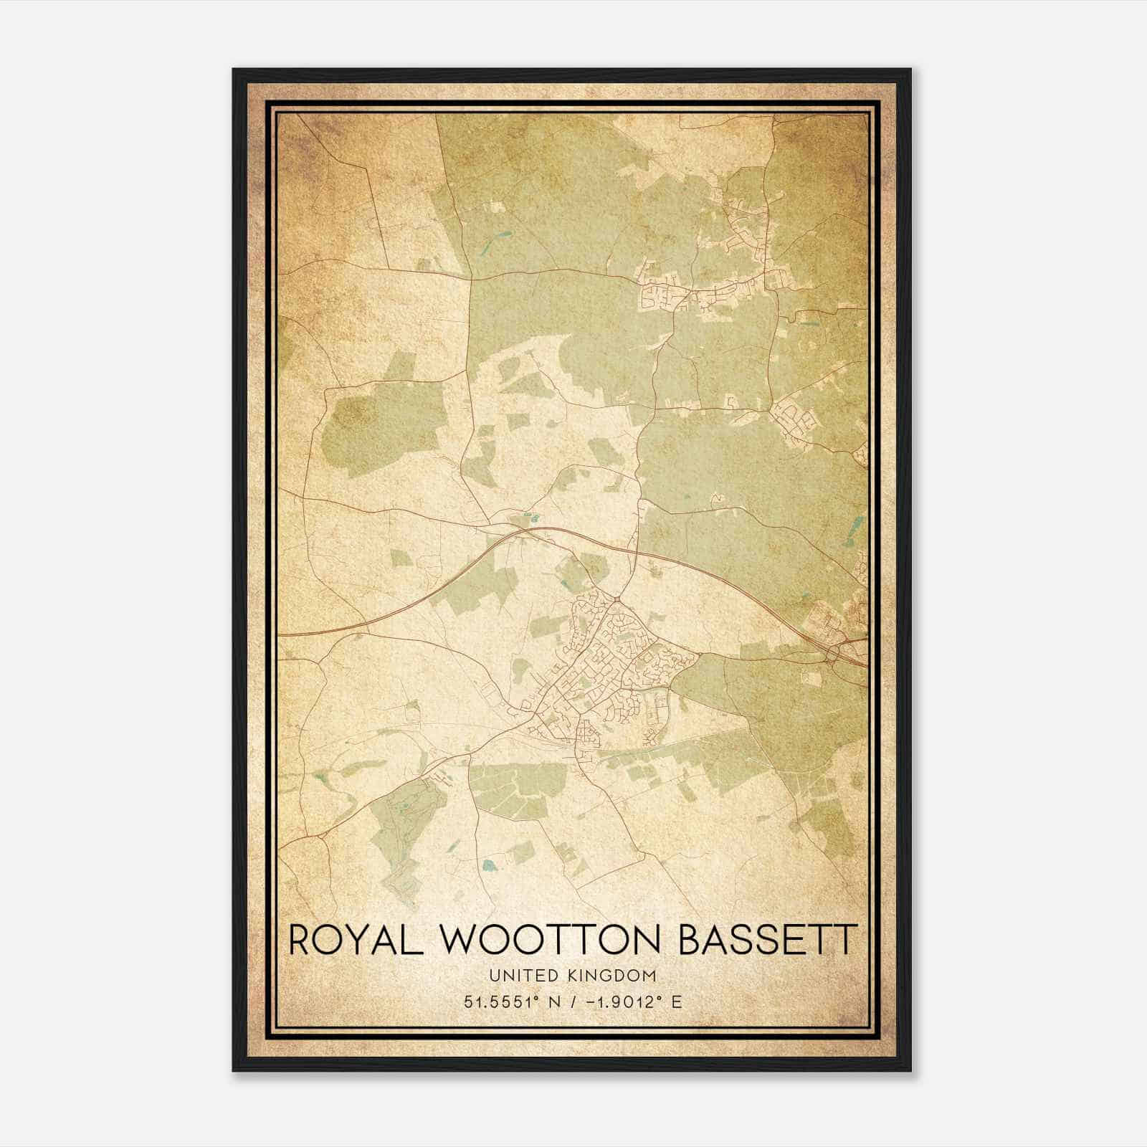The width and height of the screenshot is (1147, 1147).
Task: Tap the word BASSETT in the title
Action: point(768,941)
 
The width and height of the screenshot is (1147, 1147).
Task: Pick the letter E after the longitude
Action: point(676,1001)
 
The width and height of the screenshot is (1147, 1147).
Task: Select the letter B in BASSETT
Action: point(690,941)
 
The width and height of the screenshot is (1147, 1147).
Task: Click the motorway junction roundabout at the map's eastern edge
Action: point(834,655)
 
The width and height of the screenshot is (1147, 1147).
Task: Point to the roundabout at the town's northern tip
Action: point(617,598)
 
